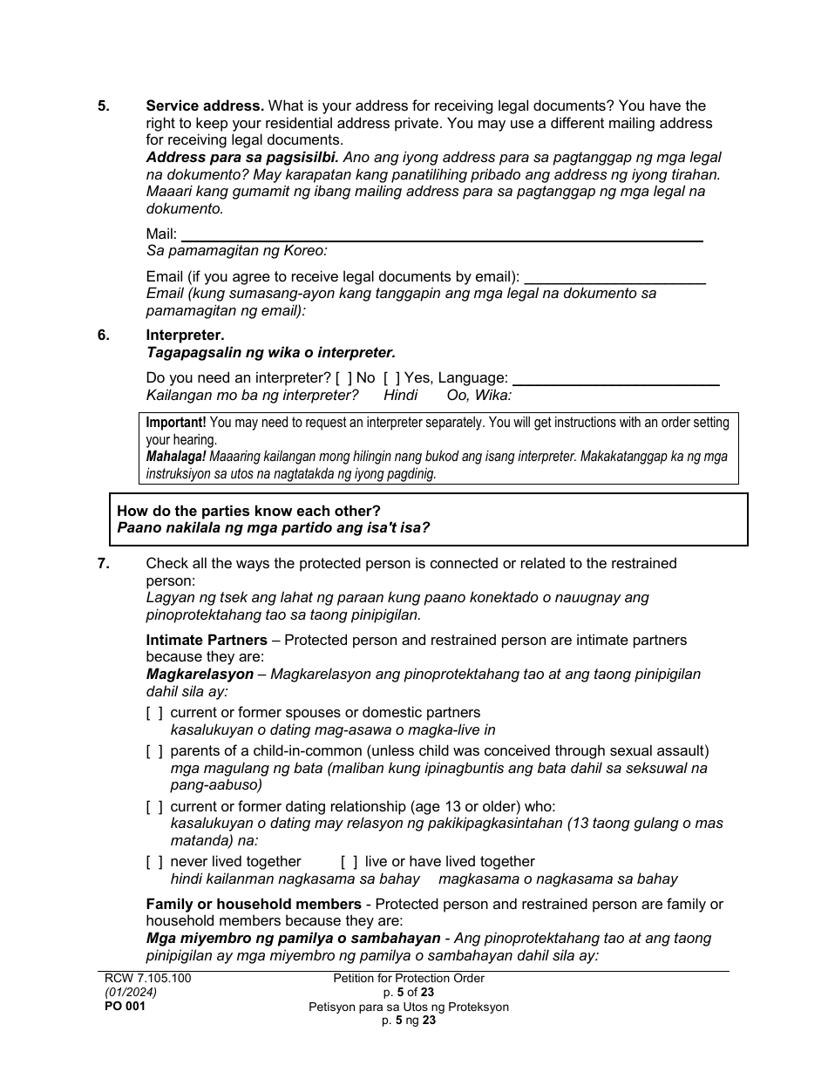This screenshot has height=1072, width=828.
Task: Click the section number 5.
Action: (x=104, y=106)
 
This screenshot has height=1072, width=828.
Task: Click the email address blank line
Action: (x=614, y=278)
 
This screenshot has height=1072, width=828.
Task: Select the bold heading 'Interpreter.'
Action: (x=185, y=336)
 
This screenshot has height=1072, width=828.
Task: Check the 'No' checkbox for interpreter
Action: (x=343, y=378)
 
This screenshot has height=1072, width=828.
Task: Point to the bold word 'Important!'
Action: (x=176, y=423)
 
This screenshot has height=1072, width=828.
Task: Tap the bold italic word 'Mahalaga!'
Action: (x=175, y=457)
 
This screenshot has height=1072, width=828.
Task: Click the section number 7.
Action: (x=104, y=564)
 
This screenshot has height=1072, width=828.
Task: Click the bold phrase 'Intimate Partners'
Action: (x=207, y=641)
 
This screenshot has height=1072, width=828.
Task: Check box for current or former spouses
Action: (x=154, y=713)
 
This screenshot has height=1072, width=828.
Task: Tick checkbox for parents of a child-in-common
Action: (x=154, y=751)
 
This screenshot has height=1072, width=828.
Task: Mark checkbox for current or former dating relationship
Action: (x=154, y=807)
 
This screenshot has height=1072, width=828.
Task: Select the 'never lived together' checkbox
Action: (x=154, y=862)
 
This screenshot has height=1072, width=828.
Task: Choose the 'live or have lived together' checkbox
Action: (x=349, y=862)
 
